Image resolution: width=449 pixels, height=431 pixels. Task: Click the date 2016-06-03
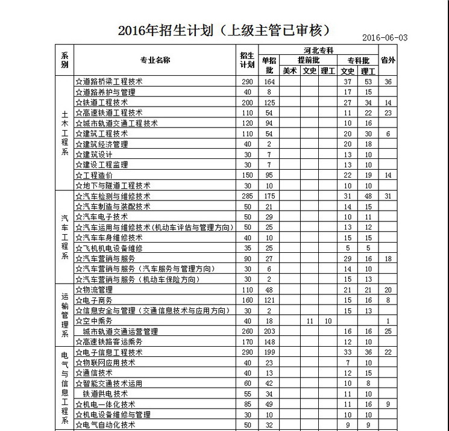click(385, 37)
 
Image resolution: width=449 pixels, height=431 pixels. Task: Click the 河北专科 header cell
click(318, 50)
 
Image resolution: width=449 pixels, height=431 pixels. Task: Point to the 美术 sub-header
click(290, 70)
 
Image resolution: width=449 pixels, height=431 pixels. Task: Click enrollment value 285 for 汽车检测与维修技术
click(246, 196)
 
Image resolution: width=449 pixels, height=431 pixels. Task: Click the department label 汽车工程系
click(64, 237)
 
